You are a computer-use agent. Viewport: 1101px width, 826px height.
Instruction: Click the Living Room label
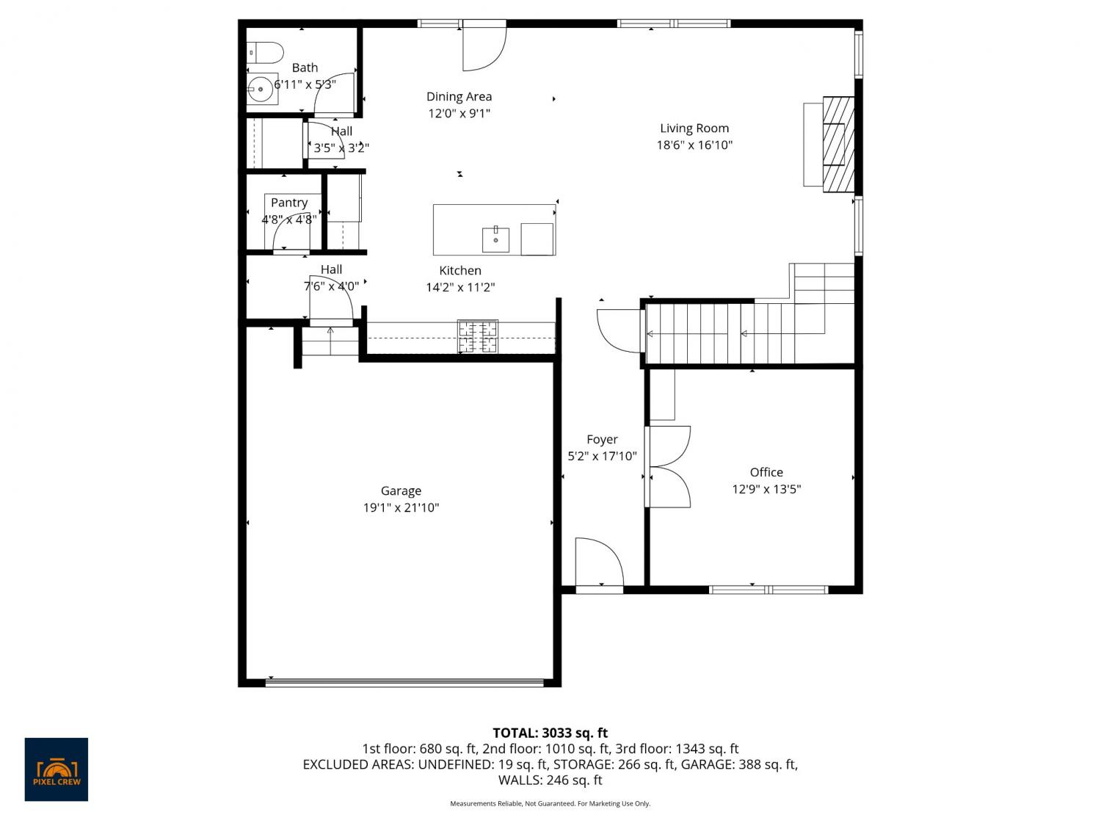[x=694, y=128]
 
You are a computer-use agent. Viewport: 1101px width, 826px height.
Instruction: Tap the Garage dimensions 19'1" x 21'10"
[x=401, y=507]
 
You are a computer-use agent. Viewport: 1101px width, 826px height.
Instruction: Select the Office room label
[x=766, y=472]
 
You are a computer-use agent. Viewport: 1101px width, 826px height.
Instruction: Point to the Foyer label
[x=602, y=440]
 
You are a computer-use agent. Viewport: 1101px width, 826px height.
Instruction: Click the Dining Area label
[x=459, y=97]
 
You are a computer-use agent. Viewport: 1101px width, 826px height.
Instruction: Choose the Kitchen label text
[x=460, y=271]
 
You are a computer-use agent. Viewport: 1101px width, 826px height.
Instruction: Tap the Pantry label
[x=289, y=203]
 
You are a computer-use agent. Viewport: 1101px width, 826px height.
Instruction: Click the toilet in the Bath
[x=265, y=53]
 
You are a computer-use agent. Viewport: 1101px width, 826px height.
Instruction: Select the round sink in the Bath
[x=260, y=90]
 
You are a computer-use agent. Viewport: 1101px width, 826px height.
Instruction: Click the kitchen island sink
[x=495, y=239]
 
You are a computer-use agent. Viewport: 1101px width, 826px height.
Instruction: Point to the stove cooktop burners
[x=478, y=336]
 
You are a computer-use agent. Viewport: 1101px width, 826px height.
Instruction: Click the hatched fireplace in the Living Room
[x=838, y=145]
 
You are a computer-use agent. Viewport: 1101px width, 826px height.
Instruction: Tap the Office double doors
[x=668, y=467]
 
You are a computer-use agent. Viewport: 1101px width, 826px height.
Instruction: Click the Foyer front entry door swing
[x=599, y=562]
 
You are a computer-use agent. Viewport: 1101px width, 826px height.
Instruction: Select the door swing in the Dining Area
[x=484, y=46]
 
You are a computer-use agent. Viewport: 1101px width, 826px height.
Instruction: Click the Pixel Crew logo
[x=57, y=769]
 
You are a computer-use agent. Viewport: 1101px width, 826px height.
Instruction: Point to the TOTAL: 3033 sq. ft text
[x=550, y=733]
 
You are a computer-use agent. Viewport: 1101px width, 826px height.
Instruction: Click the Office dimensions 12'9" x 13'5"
[x=766, y=490]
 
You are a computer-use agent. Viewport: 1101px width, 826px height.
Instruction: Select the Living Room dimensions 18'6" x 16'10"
[x=694, y=145]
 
